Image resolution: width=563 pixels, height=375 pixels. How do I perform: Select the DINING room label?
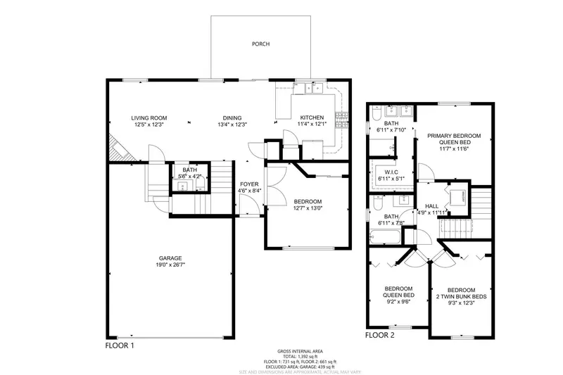click(232, 117)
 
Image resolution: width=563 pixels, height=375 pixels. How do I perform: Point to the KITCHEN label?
click(312, 117)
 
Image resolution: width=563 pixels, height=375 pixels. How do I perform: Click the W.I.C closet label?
click(392, 172)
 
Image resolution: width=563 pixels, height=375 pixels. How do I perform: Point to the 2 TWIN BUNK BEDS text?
click(461, 297)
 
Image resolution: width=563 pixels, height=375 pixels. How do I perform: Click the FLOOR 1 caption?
click(120, 345)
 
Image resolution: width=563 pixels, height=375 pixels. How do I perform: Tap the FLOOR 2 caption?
click(380, 335)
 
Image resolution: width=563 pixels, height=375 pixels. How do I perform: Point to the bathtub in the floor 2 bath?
click(386, 239)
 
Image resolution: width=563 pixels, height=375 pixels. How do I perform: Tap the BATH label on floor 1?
click(189, 170)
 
